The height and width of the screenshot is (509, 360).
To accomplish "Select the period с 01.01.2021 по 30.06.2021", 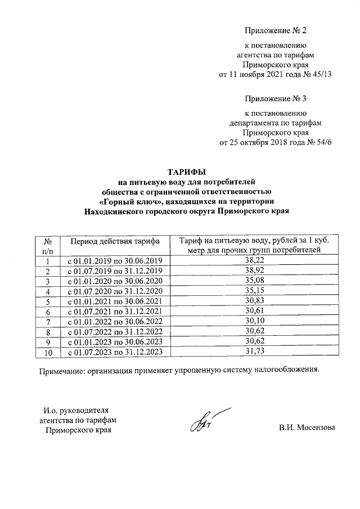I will (x=115, y=301).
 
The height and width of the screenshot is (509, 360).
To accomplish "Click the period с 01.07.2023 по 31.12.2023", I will (x=115, y=352).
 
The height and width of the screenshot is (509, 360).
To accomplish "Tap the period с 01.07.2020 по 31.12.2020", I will (x=115, y=291).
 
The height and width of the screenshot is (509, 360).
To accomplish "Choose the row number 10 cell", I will (x=48, y=352).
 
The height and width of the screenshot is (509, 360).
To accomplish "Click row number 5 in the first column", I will (x=48, y=301).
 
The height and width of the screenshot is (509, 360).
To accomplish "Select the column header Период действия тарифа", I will (x=115, y=241).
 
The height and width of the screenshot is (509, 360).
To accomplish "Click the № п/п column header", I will (x=48, y=245).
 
